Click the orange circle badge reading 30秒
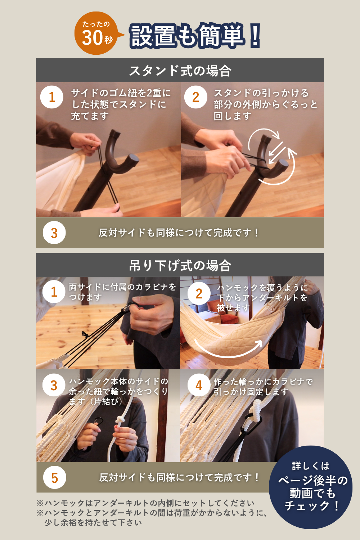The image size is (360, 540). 96,33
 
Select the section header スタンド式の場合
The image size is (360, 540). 180,71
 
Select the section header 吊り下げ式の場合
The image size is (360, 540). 180,266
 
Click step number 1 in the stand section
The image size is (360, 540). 52,97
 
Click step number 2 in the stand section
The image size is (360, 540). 195,97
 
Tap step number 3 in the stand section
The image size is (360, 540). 54,233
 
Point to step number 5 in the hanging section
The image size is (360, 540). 54,478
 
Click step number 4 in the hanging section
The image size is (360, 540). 199,385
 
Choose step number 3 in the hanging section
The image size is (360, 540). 54,385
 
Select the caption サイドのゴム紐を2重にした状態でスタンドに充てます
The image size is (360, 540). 121,104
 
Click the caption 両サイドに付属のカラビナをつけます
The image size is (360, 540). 122,292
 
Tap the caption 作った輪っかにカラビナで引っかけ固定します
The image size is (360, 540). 263,387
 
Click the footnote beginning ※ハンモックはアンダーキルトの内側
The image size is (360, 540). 146,503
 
